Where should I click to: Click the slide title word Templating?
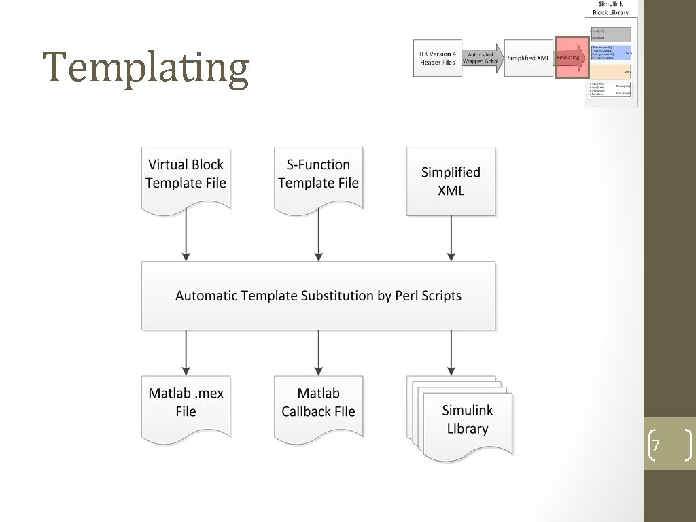(x=145, y=68)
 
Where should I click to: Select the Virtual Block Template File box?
(x=186, y=175)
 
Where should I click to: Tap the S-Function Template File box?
(x=318, y=175)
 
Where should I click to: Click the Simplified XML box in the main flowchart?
(x=451, y=181)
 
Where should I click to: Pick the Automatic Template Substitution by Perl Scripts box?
(x=318, y=296)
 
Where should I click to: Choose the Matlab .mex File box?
(x=186, y=404)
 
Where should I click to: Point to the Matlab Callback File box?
(x=318, y=404)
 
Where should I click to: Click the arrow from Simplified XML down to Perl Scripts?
(x=451, y=239)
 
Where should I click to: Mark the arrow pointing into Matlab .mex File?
(x=186, y=352)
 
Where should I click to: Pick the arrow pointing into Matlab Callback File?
(x=318, y=352)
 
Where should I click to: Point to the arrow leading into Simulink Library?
(x=451, y=352)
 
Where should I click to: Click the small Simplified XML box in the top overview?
(x=528, y=58)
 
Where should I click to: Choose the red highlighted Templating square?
(x=570, y=58)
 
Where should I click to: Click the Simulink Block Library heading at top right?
(x=610, y=8)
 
